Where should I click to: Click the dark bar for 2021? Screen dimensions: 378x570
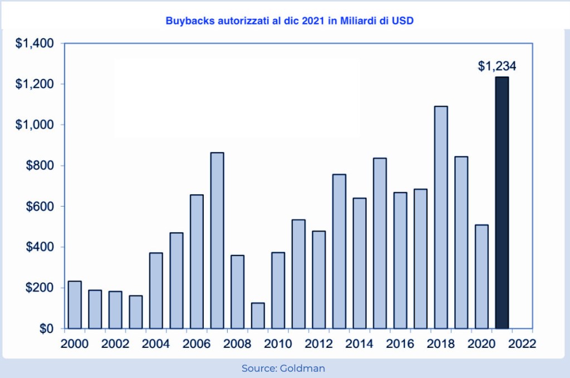point(502,203)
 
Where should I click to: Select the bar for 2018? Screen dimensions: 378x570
point(440,217)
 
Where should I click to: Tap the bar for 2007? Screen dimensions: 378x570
point(217,240)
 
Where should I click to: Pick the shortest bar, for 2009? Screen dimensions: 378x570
point(258,316)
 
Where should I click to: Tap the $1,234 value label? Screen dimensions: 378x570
point(497,66)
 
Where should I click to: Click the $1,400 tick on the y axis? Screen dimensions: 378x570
point(34,43)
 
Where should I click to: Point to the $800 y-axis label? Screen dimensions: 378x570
point(38,165)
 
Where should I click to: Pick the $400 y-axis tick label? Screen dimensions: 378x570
point(38,247)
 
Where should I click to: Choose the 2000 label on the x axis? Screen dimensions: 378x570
point(75,343)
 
